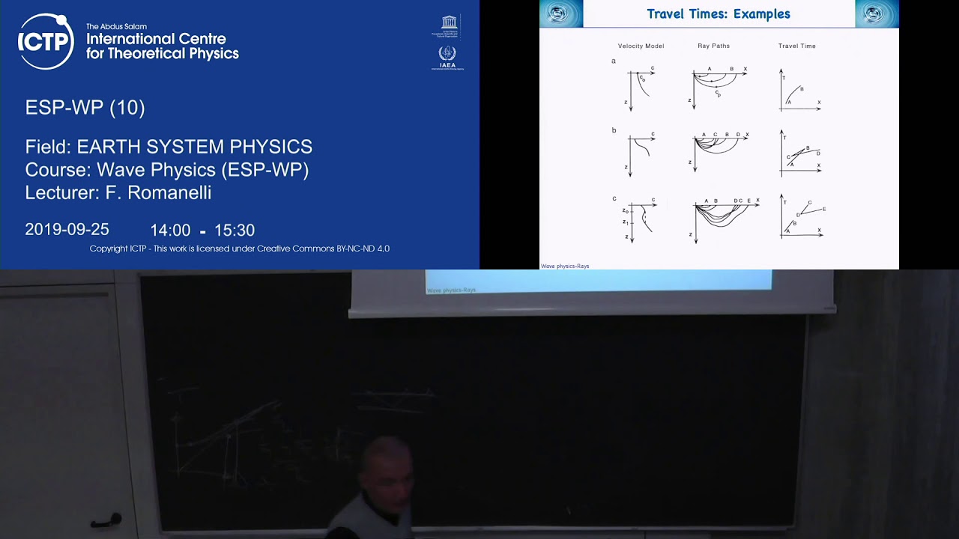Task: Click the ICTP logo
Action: [46, 41]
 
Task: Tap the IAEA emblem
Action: [447, 55]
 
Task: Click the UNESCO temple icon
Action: [449, 22]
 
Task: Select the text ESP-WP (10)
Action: [85, 108]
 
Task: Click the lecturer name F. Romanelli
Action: [158, 192]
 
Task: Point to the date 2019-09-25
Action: [67, 230]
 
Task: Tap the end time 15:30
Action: [234, 231]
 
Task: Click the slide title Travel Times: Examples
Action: [718, 14]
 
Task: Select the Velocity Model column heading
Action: [641, 46]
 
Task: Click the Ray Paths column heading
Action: [713, 46]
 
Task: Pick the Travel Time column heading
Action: [796, 46]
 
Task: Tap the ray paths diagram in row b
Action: [719, 152]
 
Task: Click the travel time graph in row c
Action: [802, 218]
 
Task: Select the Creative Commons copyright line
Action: [239, 249]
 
